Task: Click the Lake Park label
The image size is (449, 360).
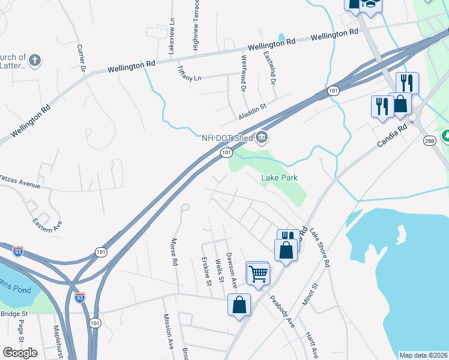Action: pyautogui.click(x=279, y=178)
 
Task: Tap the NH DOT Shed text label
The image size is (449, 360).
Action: pyautogui.click(x=227, y=138)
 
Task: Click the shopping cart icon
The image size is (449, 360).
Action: pyautogui.click(x=258, y=274)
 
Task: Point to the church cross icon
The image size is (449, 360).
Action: pyautogui.click(x=35, y=60)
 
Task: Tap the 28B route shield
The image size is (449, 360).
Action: pyautogui.click(x=429, y=141)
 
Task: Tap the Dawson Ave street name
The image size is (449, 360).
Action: pyautogui.click(x=231, y=266)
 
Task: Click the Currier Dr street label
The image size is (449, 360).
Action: pyautogui.click(x=82, y=59)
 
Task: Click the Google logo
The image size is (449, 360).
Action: pyautogui.click(x=20, y=352)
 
